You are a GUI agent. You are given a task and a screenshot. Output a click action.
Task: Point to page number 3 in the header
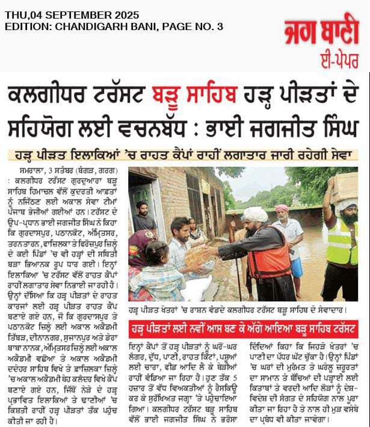click(x=220, y=26)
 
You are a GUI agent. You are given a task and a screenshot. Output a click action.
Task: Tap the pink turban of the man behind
click(x=282, y=208)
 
